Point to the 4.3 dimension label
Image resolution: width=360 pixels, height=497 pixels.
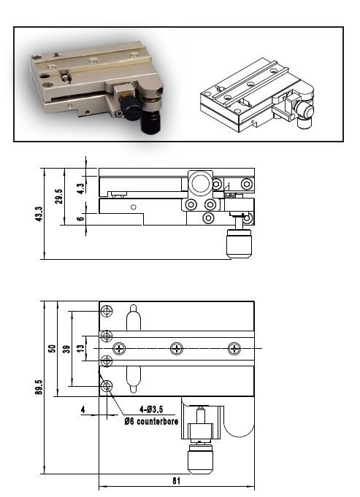click(x=80, y=187)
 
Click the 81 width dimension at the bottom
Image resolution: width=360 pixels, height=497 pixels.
click(x=177, y=482)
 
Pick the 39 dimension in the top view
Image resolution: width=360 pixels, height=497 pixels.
click(x=66, y=349)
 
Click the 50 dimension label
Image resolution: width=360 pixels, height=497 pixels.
click(x=51, y=348)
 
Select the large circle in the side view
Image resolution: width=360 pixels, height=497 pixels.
click(x=199, y=182)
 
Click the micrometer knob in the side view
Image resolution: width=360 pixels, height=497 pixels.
click(x=239, y=243)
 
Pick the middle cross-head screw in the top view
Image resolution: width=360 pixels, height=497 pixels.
click(x=176, y=349)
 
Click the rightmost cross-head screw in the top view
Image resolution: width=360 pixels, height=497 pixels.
click(x=234, y=349)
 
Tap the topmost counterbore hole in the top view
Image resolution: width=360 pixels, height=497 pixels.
click(x=107, y=312)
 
